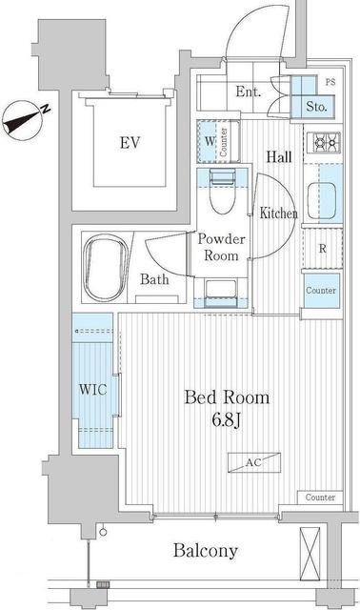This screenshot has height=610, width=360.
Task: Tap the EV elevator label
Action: point(130,143)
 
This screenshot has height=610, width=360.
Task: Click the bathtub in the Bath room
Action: point(106,269)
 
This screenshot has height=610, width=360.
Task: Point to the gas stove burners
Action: point(324,143)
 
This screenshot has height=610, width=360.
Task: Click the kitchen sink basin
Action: point(322,201)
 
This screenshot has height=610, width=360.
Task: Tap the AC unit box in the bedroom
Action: point(254,462)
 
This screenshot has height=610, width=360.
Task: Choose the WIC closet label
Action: point(92,389)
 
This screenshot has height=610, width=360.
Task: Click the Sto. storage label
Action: point(316,106)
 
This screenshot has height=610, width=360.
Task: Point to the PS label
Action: point(330,83)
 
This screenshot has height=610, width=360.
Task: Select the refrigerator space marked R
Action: point(322,248)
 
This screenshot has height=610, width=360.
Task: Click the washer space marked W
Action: point(210,141)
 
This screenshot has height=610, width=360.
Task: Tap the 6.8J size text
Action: point(227,419)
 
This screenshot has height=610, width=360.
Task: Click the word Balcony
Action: point(206,551)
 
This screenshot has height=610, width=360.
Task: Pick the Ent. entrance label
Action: point(248,91)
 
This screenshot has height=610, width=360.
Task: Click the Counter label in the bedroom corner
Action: point(320,498)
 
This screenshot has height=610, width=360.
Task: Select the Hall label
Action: point(279,156)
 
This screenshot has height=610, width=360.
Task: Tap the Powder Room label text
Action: point(221,247)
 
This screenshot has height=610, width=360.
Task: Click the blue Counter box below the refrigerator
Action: point(321,291)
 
